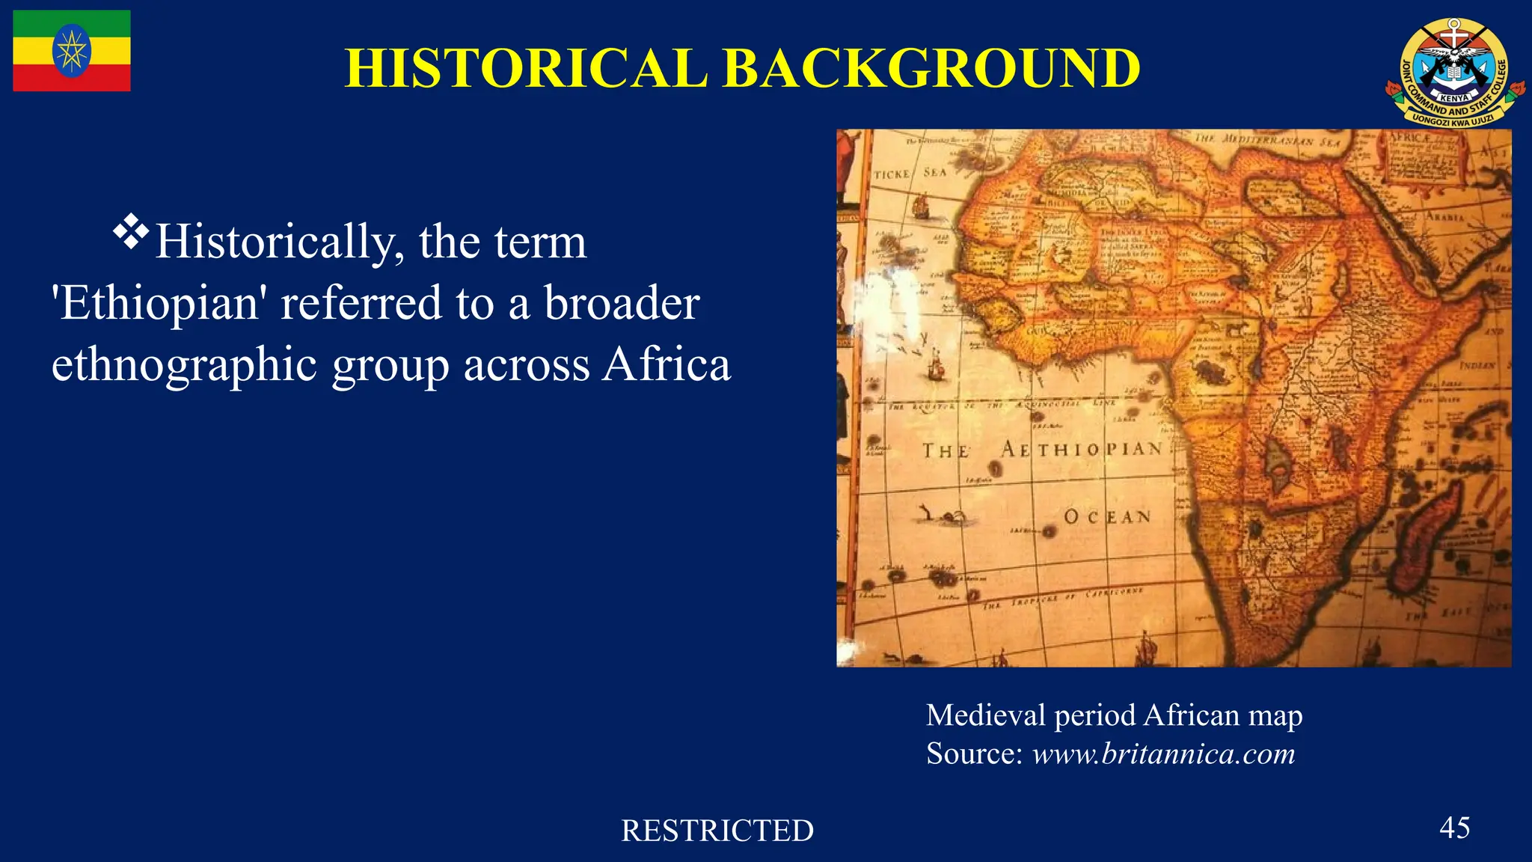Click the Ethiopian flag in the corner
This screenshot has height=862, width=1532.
tap(72, 51)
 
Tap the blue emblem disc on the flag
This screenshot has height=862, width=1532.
tap(72, 51)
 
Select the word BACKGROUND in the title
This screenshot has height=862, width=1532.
tap(931, 69)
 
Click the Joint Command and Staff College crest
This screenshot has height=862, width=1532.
tap(1454, 73)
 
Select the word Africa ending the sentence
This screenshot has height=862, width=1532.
tap(667, 365)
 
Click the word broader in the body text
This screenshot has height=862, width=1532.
tap(622, 303)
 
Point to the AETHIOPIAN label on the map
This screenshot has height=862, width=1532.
tap(1082, 449)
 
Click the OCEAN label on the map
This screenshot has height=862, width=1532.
tap(1107, 517)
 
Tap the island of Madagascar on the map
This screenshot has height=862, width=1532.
tap(1425, 539)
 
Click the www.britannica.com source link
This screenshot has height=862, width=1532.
tap(1163, 754)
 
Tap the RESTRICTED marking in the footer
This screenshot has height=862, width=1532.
tap(717, 831)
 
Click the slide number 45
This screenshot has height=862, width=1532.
tap(1454, 828)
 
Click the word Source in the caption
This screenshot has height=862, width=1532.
tap(973, 754)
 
